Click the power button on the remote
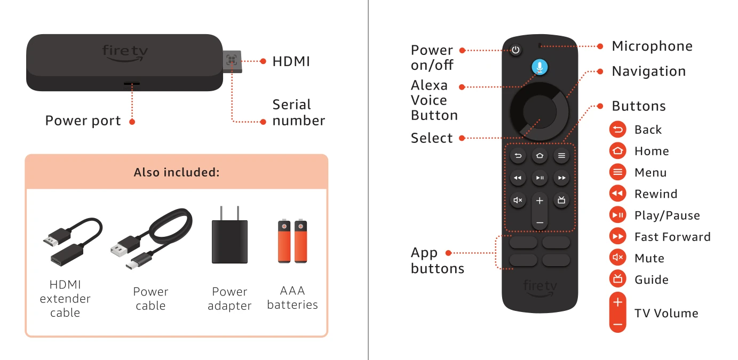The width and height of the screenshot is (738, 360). tap(515, 50)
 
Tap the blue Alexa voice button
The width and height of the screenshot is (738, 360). tap(539, 67)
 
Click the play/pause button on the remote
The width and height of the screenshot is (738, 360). tap(539, 178)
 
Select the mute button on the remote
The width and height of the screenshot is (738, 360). tap(518, 200)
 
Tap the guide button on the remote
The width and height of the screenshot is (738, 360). tap(561, 200)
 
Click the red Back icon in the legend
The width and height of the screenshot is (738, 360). tap(618, 130)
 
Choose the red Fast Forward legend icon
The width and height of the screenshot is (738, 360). tap(618, 236)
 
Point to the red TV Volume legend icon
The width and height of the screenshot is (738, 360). tap(618, 312)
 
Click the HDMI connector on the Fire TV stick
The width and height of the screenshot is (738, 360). tap(232, 61)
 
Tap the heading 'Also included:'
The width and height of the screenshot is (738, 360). tap(177, 172)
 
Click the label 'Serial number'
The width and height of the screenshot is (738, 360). tap(298, 113)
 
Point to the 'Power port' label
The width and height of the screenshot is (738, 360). tap(83, 121)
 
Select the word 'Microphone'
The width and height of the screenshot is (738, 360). tap(652, 46)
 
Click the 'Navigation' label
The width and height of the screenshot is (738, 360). tap(649, 71)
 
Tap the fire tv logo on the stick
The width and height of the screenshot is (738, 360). tap(125, 53)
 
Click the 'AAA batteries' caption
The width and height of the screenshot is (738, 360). tap(292, 298)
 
